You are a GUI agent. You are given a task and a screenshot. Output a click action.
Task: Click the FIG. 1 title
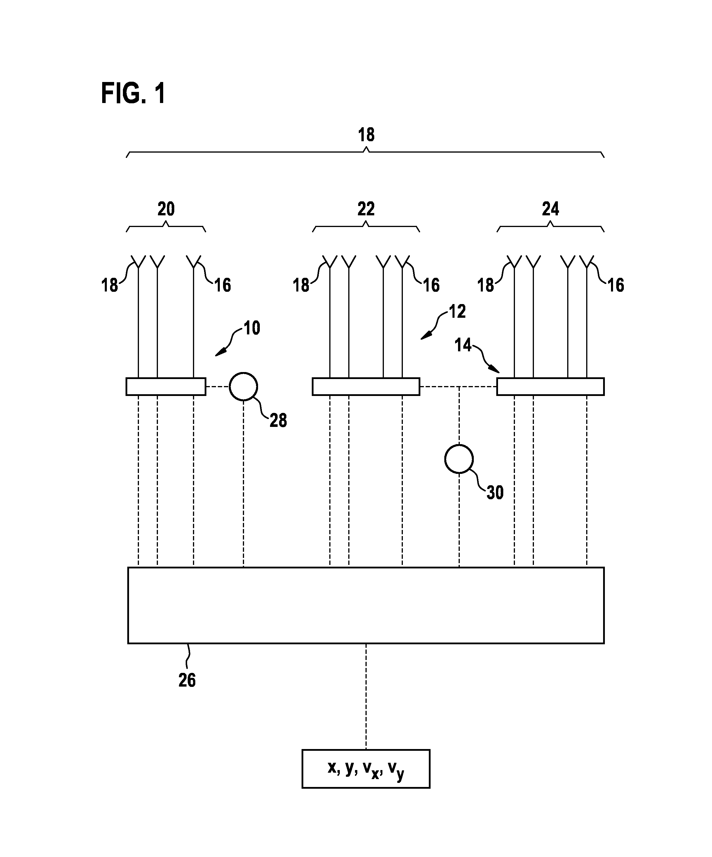pyautogui.click(x=133, y=93)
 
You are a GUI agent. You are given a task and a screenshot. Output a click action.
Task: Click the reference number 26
pyautogui.click(x=187, y=680)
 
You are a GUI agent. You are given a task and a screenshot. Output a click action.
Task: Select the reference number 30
pyautogui.click(x=495, y=493)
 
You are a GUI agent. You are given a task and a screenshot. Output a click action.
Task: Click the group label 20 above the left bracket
pyautogui.click(x=166, y=209)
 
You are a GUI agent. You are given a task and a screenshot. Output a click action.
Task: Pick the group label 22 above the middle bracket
pyautogui.click(x=366, y=209)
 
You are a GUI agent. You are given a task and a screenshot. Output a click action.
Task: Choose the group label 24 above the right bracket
pyautogui.click(x=550, y=209)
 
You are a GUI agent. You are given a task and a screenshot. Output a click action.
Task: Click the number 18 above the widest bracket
pyautogui.click(x=366, y=135)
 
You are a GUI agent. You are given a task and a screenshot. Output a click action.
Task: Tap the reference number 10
pyautogui.click(x=252, y=328)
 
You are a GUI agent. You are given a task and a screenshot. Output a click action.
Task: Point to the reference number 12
pyautogui.click(x=457, y=312)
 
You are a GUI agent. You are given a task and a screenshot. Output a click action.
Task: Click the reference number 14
pyautogui.click(x=463, y=345)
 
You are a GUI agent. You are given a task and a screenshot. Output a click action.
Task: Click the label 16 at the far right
pyautogui.click(x=616, y=285)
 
